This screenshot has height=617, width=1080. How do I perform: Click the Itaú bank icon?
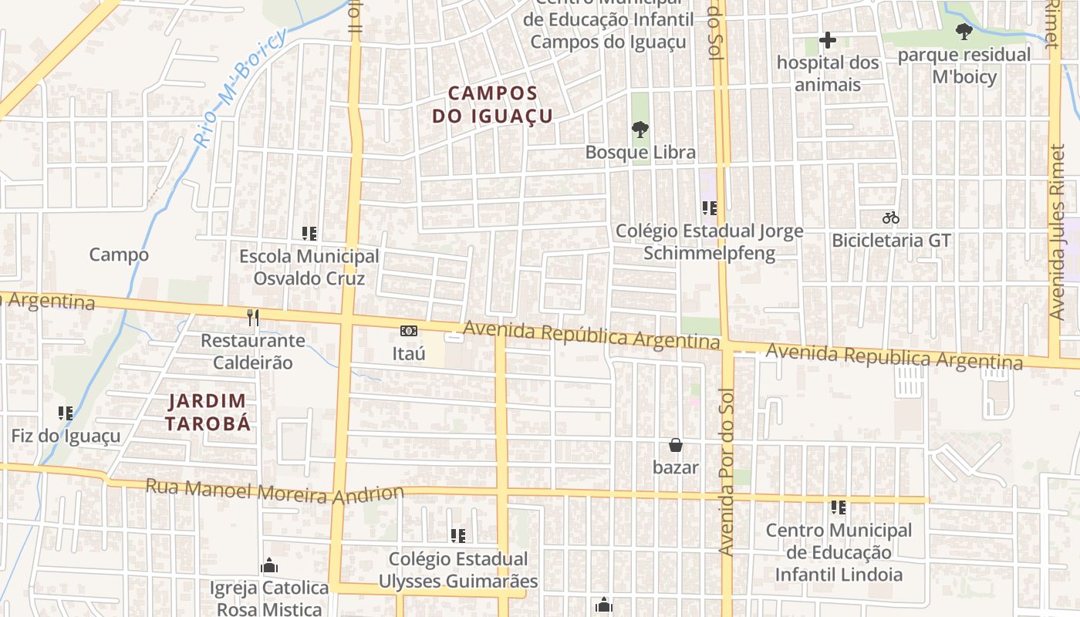409,331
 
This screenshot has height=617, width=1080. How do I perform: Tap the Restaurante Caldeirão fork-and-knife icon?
252,316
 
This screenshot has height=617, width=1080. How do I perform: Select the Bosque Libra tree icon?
640,130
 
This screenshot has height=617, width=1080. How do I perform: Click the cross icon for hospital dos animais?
828,40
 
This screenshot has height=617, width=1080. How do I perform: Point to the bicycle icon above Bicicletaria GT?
891,217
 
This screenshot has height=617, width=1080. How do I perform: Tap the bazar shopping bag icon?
676,445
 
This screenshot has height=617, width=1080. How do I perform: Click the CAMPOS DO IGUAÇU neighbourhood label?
493,105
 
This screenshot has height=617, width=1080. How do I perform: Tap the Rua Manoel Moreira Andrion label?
275,491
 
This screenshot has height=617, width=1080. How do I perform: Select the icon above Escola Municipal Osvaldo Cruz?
309,233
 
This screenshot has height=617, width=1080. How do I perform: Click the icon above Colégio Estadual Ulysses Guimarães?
458,535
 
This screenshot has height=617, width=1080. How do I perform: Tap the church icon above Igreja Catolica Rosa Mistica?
269,565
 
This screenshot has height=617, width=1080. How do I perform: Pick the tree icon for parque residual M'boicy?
964,32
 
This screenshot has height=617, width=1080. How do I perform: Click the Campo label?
119,255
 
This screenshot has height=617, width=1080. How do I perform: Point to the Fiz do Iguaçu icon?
66,413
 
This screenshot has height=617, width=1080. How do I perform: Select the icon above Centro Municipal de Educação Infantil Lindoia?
839,507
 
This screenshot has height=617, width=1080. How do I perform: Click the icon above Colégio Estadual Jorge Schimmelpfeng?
710,207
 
